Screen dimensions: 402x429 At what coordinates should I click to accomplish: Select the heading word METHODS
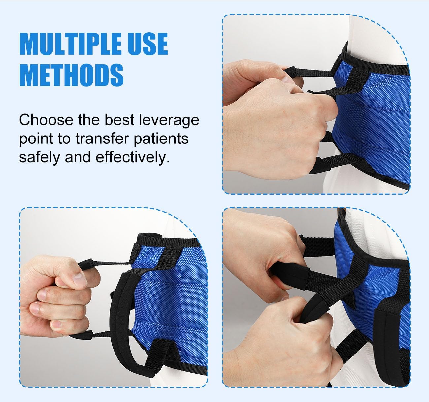click(x=72, y=75)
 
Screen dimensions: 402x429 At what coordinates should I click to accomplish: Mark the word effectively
click(x=132, y=157)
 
